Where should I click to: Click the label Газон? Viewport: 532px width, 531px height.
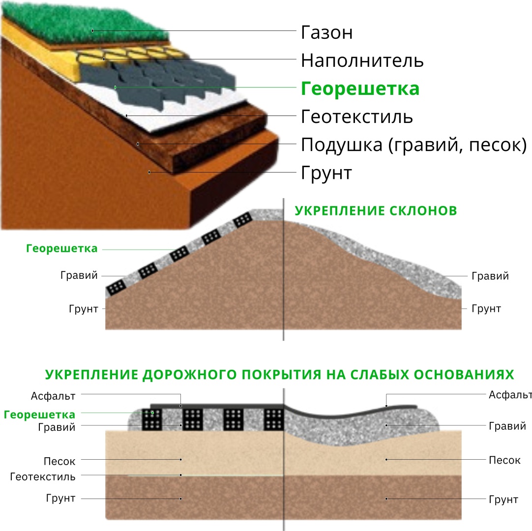pyautogui.click(x=327, y=32)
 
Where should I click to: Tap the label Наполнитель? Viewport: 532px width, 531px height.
pyautogui.click(x=362, y=61)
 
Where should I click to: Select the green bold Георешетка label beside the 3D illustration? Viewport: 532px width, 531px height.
pyautogui.click(x=360, y=88)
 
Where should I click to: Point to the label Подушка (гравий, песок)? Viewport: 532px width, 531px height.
pyautogui.click(x=414, y=145)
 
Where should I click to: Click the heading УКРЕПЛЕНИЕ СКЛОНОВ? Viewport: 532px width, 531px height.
pyautogui.click(x=376, y=211)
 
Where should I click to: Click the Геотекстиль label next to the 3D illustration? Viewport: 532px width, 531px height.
pyautogui.click(x=357, y=117)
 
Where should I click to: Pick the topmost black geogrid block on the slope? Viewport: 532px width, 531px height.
pyautogui.click(x=243, y=220)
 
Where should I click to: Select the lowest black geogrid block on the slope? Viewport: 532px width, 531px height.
pyautogui.click(x=116, y=289)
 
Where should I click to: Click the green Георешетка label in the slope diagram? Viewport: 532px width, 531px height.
pyautogui.click(x=62, y=248)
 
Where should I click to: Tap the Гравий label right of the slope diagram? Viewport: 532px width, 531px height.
pyautogui.click(x=490, y=276)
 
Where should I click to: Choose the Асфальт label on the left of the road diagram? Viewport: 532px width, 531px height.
pyautogui.click(x=53, y=396)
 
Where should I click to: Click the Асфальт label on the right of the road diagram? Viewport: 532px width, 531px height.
pyautogui.click(x=510, y=395)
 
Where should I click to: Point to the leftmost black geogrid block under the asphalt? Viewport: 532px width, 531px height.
pyautogui.click(x=152, y=419)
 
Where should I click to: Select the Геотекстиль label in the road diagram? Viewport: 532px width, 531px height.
pyautogui.click(x=43, y=477)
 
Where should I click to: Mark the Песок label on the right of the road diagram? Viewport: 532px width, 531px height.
pyautogui.click(x=504, y=460)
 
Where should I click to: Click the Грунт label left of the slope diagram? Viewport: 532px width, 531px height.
pyautogui.click(x=84, y=309)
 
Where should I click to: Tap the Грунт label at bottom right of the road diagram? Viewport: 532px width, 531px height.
pyautogui.click(x=503, y=500)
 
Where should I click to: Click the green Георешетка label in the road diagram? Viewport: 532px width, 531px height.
pyautogui.click(x=39, y=414)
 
